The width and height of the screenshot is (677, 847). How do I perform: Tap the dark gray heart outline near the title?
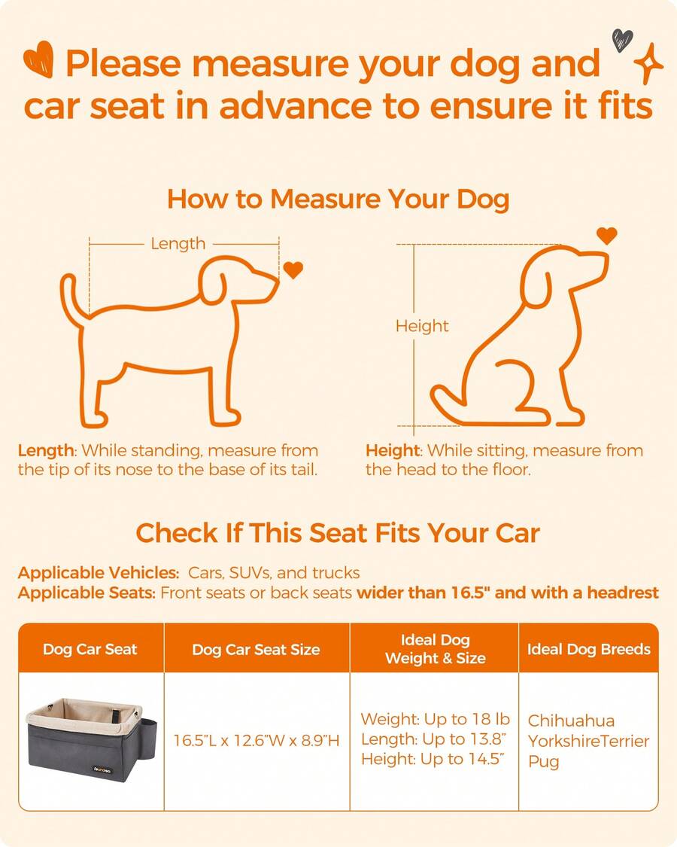click(x=622, y=39)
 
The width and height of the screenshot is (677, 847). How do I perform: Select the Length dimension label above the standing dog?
click(x=178, y=243)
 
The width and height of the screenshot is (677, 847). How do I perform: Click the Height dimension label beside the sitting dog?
click(x=422, y=326)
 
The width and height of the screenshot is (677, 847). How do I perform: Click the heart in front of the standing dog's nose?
click(x=293, y=270)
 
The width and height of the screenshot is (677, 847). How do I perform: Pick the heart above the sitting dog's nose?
click(x=606, y=236)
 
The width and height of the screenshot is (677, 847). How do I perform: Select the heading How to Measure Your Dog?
click(x=338, y=200)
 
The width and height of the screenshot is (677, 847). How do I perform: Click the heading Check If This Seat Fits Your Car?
click(x=338, y=533)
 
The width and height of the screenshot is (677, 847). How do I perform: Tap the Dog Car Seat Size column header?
click(x=256, y=649)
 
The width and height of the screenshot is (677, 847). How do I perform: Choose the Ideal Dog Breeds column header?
click(x=588, y=649)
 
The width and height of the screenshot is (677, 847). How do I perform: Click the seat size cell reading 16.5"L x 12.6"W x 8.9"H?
click(x=257, y=741)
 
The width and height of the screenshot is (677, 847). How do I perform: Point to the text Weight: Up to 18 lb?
click(x=425, y=720)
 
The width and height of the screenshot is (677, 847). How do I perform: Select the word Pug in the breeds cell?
click(x=543, y=761)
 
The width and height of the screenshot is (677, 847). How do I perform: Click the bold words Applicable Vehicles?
click(x=98, y=572)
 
